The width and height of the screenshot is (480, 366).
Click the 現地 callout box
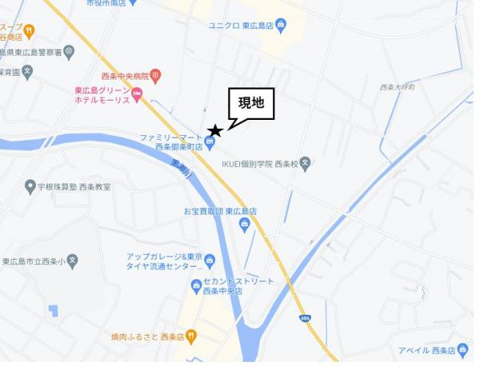pos(252,103)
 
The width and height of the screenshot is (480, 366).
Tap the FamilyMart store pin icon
pos(210,144)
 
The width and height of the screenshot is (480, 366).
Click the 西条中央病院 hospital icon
pos(155,76)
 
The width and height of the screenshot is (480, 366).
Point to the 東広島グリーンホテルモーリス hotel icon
pos(137,96)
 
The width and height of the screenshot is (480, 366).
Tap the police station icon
pos(70,53)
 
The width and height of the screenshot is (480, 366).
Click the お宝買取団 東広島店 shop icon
pos(244,225)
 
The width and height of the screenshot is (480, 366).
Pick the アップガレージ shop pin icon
pos(210,261)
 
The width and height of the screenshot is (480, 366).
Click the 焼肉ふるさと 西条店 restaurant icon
pos(192,336)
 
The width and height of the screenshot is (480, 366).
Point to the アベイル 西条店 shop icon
pos(462,350)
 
